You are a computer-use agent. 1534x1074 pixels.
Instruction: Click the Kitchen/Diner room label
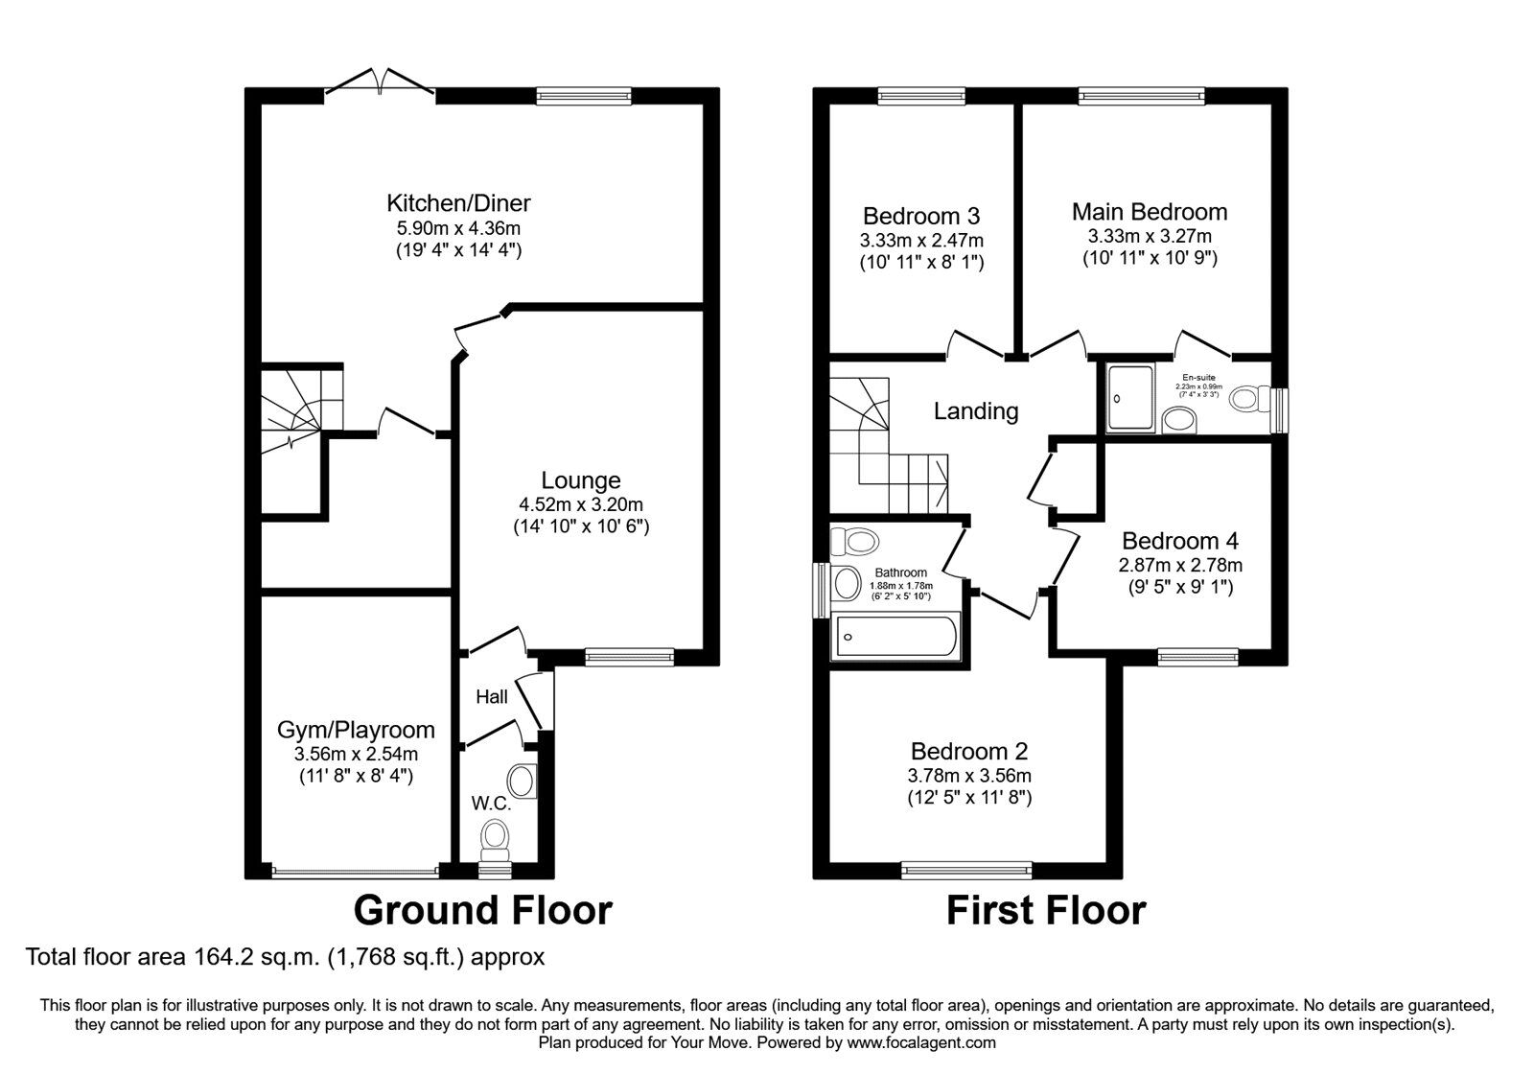coord(458,203)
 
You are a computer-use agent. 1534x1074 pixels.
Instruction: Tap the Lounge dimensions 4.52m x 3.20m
coord(581,504)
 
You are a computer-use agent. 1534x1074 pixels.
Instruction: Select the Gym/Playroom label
coord(356,730)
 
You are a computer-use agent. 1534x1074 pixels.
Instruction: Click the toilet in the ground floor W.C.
coord(496,838)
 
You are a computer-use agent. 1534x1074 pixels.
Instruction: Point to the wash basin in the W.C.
coord(523,781)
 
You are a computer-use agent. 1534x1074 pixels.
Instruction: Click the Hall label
coord(492,697)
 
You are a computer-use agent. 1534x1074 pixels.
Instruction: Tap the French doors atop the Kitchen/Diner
coord(381,84)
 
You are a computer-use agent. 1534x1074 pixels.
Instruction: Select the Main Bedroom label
coord(1150,212)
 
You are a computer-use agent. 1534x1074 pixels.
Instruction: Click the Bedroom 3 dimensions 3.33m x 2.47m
coord(921,240)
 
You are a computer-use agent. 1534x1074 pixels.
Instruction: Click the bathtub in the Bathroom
coord(895,635)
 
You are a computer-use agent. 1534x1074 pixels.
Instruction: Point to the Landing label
coord(976,411)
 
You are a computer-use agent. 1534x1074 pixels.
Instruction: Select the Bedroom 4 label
coord(1180,541)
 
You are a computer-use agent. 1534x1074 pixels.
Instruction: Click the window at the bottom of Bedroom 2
coord(965,870)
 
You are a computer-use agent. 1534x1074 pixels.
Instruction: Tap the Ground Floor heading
coord(482,910)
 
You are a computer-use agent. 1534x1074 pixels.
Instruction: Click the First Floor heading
coord(1046,910)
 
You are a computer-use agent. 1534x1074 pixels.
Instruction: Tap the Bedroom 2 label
coord(969,751)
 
